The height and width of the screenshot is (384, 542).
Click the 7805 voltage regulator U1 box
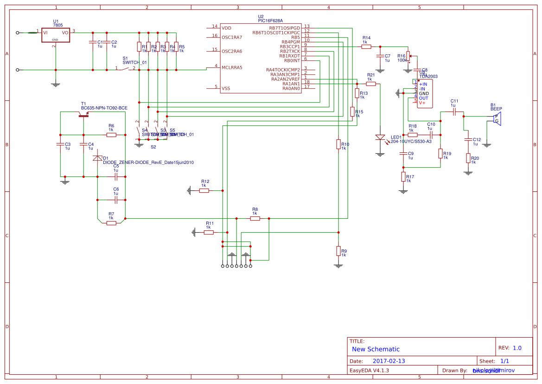[56, 36]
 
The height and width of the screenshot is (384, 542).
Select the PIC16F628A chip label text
[270, 21]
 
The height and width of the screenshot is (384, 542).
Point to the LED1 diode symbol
[380, 138]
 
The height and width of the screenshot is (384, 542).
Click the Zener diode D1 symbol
[97, 158]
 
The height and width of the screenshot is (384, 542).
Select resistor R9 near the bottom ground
[338, 251]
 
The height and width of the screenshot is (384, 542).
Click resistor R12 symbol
[204, 190]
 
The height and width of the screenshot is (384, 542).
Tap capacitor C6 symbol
[116, 200]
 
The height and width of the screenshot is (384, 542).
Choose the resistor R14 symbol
[366, 46]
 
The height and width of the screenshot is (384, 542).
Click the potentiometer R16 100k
[408, 56]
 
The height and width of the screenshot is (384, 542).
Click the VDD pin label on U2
[226, 27]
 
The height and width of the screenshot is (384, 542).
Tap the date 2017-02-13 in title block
[389, 361]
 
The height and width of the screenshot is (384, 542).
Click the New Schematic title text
[376, 349]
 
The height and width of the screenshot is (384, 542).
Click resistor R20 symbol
[468, 158]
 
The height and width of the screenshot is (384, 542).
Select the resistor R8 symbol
[255, 218]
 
